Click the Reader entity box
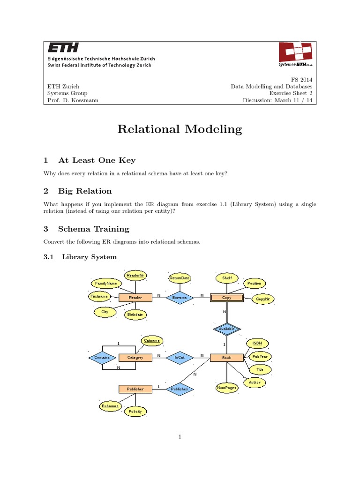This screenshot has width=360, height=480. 135,298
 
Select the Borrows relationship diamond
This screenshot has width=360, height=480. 180,298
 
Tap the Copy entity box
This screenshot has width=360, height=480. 227,298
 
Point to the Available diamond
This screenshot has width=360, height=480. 227,329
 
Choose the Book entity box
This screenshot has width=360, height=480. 227,358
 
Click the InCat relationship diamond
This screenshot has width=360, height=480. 180,358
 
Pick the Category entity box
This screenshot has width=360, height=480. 135,358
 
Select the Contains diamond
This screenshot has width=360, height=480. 102,358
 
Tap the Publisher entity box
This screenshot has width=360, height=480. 135,389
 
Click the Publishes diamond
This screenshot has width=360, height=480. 180,389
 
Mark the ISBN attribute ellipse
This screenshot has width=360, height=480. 257,344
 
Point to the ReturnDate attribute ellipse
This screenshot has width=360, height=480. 180,278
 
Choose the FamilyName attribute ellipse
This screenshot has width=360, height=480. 106,284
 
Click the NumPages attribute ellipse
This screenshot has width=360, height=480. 227,388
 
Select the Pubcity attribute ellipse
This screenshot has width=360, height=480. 135,412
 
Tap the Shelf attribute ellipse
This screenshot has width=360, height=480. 227,278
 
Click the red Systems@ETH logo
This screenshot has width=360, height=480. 296,55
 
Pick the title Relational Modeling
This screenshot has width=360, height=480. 180,129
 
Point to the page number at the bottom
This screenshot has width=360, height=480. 180,437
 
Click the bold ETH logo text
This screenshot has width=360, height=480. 63,48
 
